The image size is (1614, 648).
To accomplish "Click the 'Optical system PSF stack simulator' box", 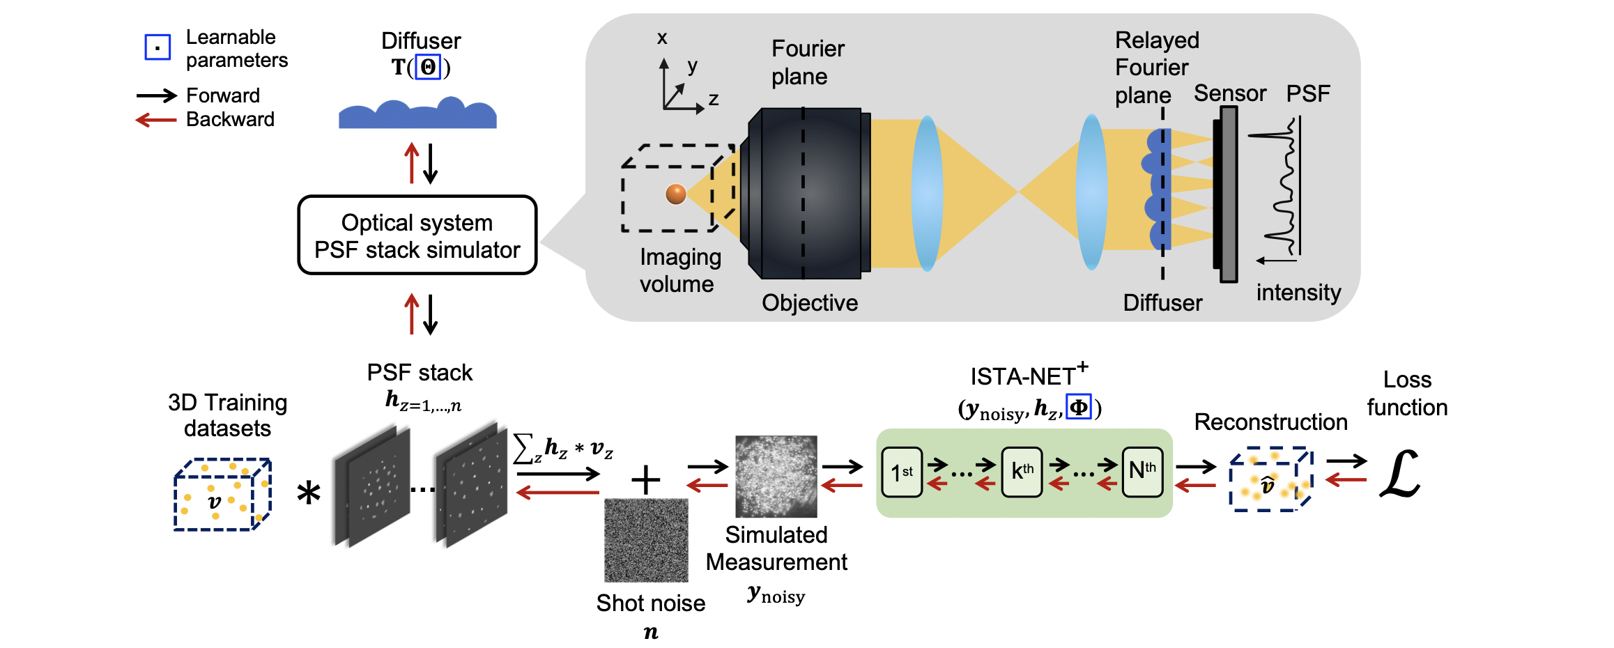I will click(417, 236).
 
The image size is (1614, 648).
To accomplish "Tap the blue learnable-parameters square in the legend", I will click(157, 47).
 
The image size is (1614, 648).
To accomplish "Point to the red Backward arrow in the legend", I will click(156, 120).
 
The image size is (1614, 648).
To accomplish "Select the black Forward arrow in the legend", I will click(157, 95).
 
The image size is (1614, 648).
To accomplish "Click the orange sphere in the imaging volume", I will click(675, 194).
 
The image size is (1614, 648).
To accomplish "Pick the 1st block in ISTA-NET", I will click(902, 472).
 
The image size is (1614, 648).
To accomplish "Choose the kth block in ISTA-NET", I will click(1022, 472).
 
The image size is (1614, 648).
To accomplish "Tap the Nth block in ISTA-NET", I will click(1142, 472).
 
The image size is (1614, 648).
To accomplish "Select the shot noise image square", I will click(646, 540).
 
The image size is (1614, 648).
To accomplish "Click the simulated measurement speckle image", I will click(776, 477).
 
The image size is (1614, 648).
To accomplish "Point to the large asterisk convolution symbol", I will click(309, 493).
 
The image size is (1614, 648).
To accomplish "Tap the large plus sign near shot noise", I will click(645, 480).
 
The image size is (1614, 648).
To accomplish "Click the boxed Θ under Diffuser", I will click(428, 67).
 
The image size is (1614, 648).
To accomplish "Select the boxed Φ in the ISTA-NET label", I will click(1078, 407).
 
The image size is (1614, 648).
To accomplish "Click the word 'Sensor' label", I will click(1229, 93).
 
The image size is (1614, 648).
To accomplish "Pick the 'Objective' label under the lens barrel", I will click(810, 302).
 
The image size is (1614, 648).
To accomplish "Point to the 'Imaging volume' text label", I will click(679, 270).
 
